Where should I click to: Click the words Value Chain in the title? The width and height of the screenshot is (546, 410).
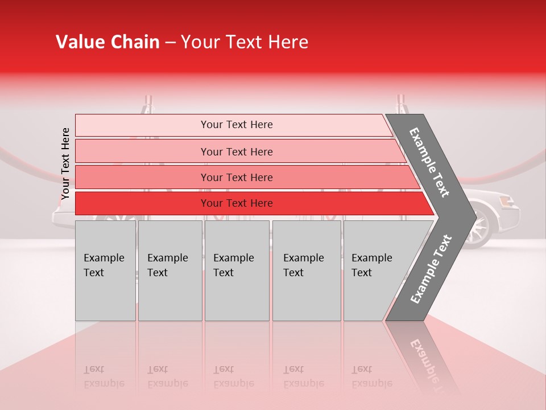point(107,42)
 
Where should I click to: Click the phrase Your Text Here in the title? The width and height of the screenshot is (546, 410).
point(245,42)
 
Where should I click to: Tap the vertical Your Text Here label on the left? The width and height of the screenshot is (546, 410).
point(65,163)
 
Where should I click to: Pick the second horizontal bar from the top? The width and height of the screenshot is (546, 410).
point(237,151)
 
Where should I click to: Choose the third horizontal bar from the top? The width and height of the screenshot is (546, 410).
point(237,177)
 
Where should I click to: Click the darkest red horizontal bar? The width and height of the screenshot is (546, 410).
point(237,203)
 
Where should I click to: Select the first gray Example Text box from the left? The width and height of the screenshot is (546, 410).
point(105,270)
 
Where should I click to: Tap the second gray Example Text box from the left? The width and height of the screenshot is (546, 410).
point(169,270)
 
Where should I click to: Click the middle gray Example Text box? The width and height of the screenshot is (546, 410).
point(237,270)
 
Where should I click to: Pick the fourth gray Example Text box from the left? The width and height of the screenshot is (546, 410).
point(306,270)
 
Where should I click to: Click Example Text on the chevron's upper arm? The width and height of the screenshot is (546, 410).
point(429,162)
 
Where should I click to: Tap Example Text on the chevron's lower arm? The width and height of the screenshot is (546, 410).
point(431,269)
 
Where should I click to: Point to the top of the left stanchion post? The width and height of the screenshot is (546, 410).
point(149,100)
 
